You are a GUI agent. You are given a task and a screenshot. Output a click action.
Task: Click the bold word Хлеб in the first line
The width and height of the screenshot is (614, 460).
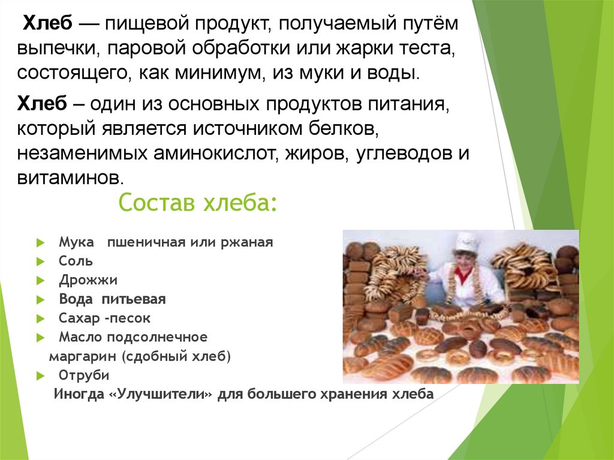click(48, 23)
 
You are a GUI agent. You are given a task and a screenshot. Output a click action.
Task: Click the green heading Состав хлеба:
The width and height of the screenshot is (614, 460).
click(198, 203)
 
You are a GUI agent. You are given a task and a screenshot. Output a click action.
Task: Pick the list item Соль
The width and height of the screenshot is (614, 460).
click(76, 261)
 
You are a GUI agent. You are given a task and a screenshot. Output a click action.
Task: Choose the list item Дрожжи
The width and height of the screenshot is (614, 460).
click(88, 280)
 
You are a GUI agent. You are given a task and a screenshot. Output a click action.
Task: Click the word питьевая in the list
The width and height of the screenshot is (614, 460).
click(134, 299)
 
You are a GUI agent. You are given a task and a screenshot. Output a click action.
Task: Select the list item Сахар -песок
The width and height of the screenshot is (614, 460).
click(104, 318)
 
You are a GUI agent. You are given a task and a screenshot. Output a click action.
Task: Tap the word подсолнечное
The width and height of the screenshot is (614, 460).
click(157, 338)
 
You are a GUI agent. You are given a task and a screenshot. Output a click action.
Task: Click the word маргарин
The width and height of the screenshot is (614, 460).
click(83, 357)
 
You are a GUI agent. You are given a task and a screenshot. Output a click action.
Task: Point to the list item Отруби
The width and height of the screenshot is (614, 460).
click(84, 375)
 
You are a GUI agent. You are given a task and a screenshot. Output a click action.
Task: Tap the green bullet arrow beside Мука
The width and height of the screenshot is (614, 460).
click(41, 243)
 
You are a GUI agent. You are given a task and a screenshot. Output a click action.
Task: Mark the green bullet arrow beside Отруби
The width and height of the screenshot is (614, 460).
click(41, 376)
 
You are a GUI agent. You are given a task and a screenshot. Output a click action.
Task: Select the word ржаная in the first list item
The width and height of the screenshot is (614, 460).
click(246, 242)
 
